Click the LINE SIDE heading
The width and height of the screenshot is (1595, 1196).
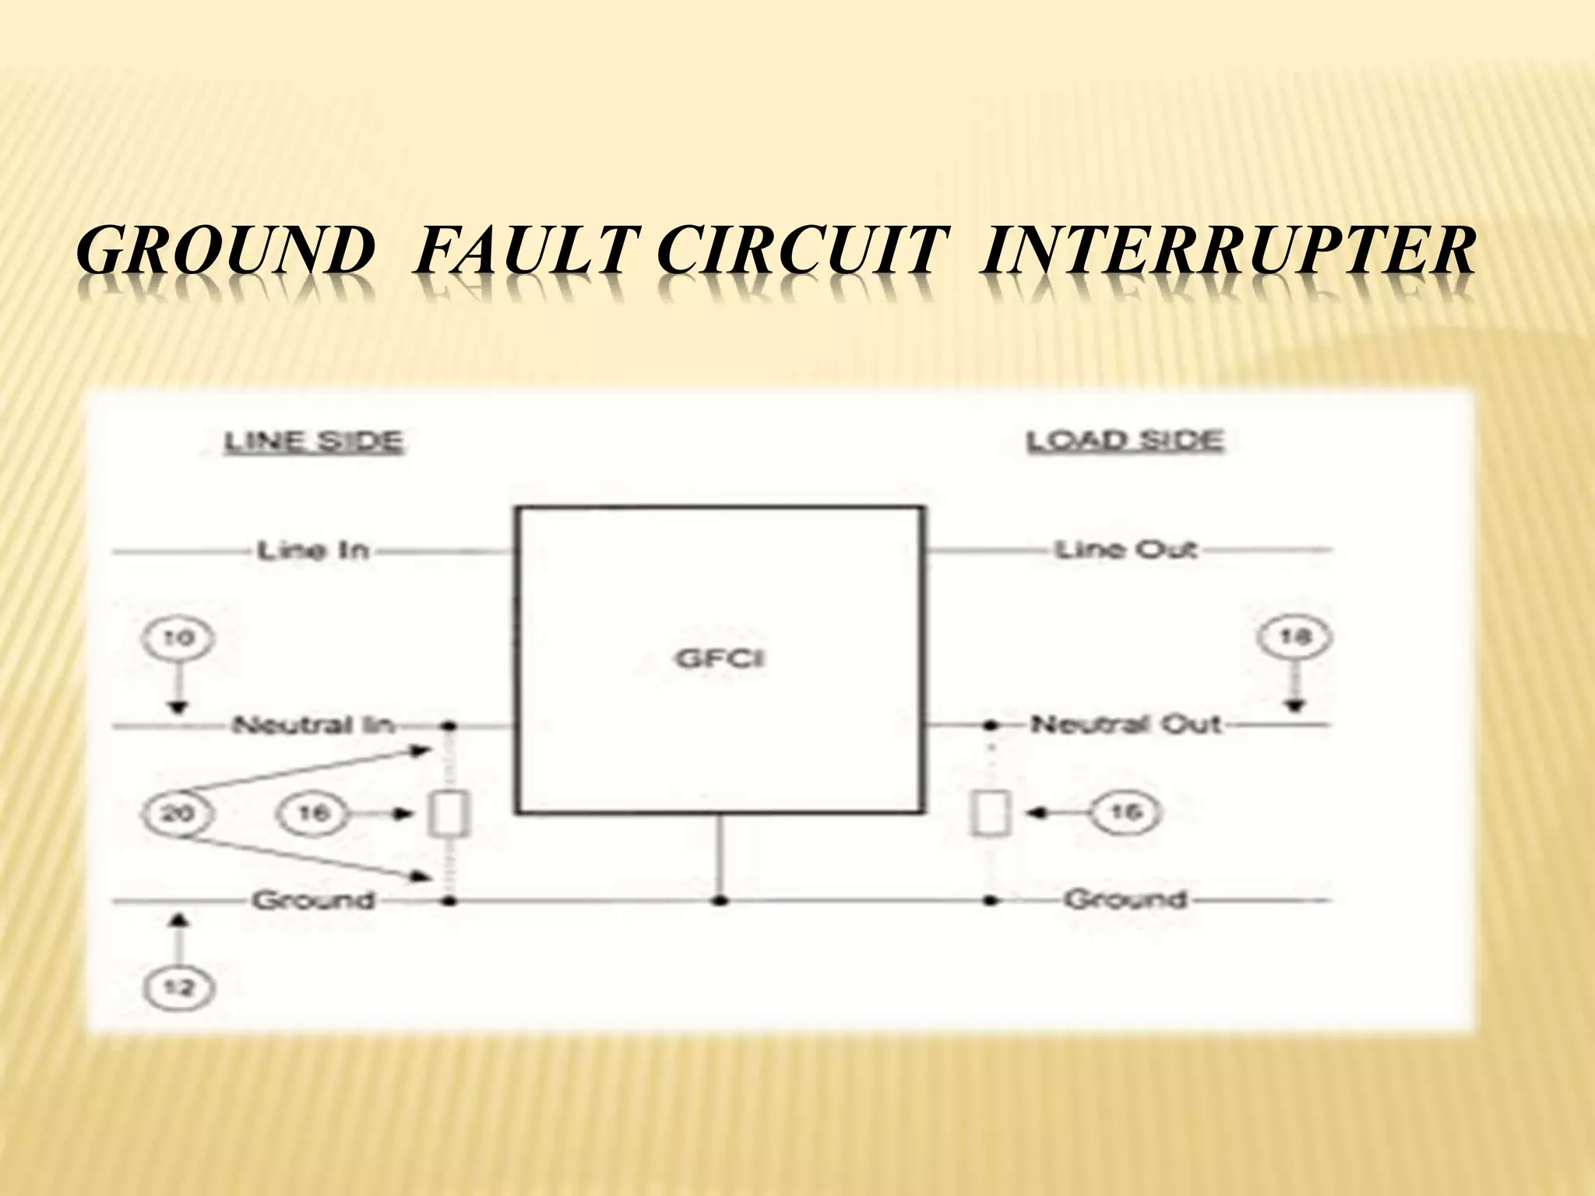(313, 442)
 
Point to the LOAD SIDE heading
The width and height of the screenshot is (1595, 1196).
(1125, 441)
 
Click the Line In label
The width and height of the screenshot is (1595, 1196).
(312, 551)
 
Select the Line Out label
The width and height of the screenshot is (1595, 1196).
(1125, 550)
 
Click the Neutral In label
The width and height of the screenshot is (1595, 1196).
(313, 726)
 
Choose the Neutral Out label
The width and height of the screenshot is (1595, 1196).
(1125, 725)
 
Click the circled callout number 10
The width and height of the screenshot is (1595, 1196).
(178, 639)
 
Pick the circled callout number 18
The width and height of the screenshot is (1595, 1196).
(1294, 637)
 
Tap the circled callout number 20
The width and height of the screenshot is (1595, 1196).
(178, 814)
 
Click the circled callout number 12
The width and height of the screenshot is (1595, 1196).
(178, 989)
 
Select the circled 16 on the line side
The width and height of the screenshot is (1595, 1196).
(313, 814)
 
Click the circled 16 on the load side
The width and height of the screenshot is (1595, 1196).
(1125, 813)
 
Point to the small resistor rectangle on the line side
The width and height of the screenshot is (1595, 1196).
(449, 814)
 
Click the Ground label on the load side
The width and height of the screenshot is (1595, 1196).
(1125, 900)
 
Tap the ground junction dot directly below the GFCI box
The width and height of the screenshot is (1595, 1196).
(720, 901)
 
